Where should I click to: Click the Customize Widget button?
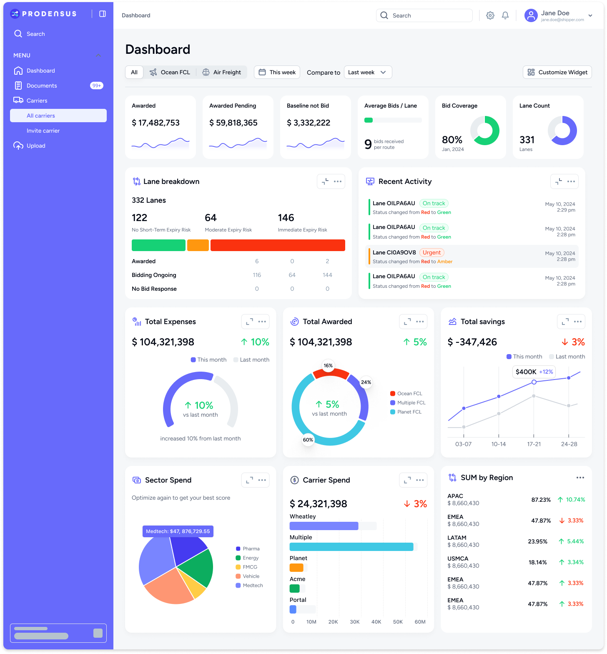557,72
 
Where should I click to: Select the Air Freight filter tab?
222,72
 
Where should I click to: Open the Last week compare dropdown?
368,72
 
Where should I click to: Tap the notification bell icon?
505,15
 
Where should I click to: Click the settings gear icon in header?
490,15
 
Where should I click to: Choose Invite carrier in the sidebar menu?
43,131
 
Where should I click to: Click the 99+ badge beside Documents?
97,86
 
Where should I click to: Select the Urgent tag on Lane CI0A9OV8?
431,252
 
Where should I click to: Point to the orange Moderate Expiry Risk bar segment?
198,245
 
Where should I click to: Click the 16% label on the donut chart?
328,365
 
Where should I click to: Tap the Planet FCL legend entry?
409,412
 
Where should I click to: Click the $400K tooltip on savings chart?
534,372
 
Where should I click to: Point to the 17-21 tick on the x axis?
534,444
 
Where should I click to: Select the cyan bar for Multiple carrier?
351,547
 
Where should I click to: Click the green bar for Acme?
294,589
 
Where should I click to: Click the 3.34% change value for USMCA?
575,562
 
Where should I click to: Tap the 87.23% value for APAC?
541,500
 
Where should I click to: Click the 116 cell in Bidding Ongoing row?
257,275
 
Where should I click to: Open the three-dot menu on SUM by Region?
580,478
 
